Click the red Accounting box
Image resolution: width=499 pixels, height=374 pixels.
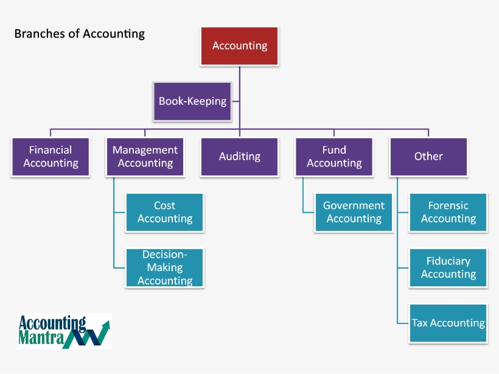pos(240,46)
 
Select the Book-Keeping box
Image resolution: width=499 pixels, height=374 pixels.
pos(192,101)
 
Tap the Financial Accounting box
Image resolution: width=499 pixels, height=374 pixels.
pos(51,157)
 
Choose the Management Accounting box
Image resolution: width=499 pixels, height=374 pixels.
pos(145,157)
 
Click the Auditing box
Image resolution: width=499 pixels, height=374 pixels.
pos(240,157)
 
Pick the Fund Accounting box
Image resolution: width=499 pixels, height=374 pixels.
pos(334,157)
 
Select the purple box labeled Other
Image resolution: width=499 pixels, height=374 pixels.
pos(428,157)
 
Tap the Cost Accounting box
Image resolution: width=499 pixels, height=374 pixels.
pos(165,213)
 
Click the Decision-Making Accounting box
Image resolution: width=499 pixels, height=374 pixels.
pos(165,267)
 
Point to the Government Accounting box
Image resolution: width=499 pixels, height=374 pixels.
pos(354,213)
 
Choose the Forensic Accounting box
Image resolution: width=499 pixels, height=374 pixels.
pos(448,213)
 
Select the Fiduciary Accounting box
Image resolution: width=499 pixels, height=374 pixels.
pos(448,267)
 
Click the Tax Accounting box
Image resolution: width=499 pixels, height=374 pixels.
pos(448,323)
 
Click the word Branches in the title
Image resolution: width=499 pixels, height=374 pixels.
pos(39,34)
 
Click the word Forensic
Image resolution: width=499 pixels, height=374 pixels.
pos(448,206)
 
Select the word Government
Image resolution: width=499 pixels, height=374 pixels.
pos(354,206)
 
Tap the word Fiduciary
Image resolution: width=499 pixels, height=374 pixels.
pos(448,261)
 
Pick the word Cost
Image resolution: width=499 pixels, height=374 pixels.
pos(165,206)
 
